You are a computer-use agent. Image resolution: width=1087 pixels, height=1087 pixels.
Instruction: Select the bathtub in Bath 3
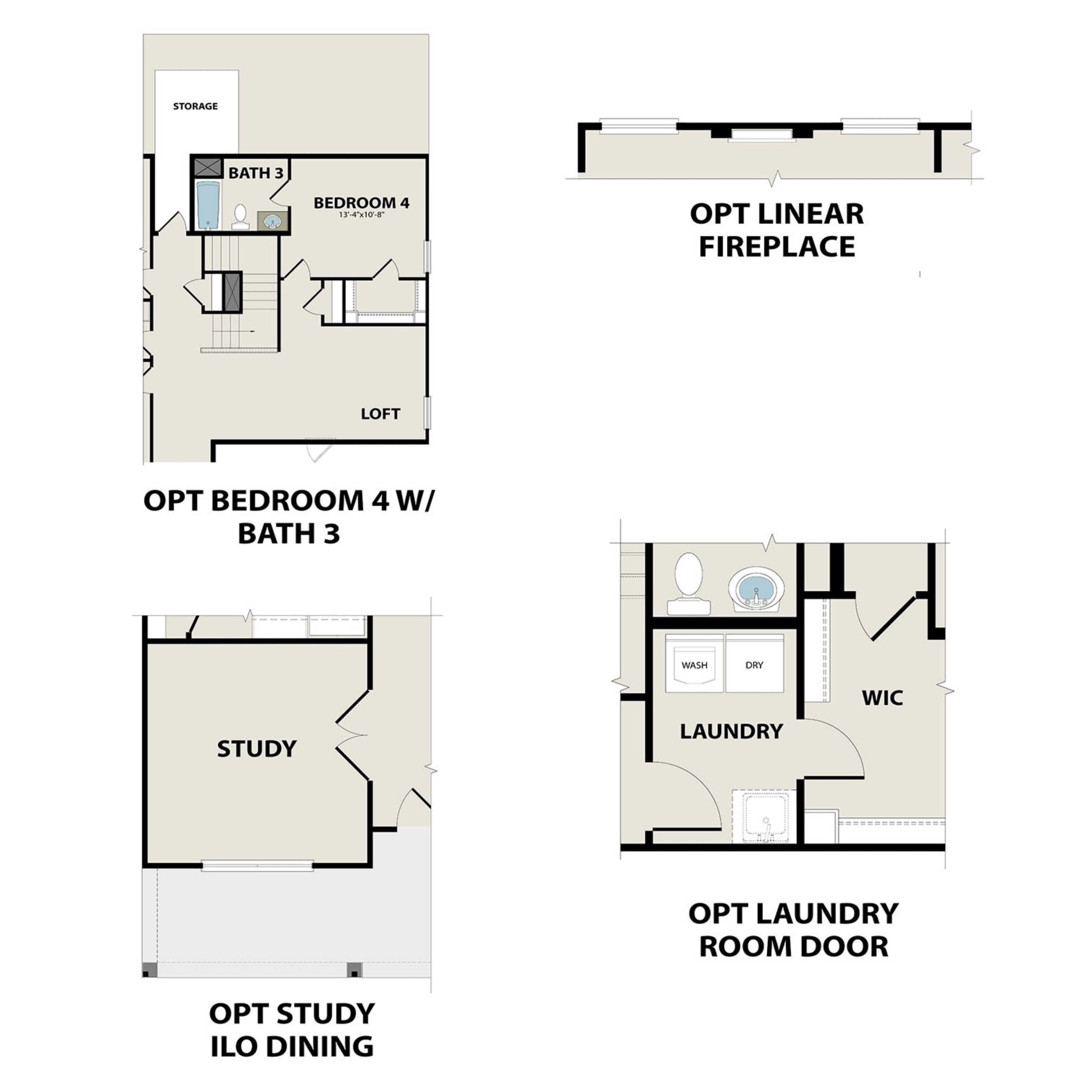[x=208, y=205]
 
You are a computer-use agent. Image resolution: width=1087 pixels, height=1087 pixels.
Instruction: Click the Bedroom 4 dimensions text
[x=362, y=214]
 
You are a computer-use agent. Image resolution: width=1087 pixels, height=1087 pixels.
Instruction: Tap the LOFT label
[x=380, y=414]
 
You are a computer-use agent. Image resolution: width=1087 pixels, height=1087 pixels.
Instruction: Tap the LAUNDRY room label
[x=731, y=731]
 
